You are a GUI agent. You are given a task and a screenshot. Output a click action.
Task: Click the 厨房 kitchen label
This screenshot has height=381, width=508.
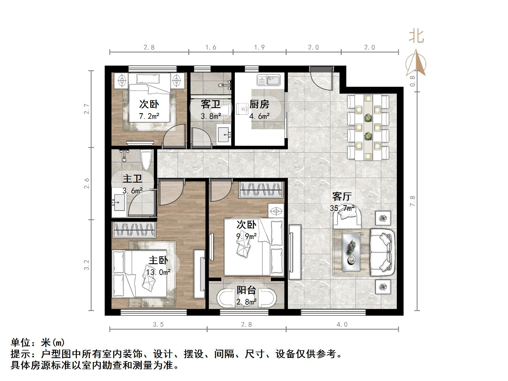coord(259,104)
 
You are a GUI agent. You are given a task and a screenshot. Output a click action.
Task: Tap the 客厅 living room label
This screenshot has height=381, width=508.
coord(342,196)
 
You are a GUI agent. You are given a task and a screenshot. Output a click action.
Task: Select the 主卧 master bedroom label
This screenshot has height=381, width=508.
coord(158,260)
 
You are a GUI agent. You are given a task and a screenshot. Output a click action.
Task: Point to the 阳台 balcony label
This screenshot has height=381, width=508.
coord(246,290)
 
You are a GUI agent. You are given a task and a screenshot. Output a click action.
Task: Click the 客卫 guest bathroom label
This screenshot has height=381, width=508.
coord(211,104)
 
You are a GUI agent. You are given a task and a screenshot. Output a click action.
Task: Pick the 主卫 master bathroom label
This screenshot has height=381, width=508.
coord(132,179)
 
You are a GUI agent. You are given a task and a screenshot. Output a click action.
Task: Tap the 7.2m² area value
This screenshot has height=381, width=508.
coord(149,116)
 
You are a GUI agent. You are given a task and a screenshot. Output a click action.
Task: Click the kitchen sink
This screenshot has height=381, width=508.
coord(268,80)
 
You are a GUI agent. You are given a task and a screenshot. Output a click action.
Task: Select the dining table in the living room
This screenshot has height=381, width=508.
coord(368,128)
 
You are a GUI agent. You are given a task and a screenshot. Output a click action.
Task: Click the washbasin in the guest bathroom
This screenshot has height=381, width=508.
coord(224,134)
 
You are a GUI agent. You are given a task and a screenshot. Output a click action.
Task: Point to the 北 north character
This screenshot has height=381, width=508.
coord(417,36)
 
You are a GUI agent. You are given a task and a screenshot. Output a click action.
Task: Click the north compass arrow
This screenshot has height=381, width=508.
coord(416,63)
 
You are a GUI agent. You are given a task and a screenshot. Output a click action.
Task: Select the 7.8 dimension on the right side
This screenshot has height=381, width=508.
coord(412,201)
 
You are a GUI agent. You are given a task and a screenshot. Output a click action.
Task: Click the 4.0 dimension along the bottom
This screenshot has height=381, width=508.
coord(342,325)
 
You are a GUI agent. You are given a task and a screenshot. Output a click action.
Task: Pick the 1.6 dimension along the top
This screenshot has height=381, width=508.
coord(211,47)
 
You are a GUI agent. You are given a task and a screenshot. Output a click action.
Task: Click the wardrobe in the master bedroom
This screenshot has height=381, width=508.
coord(134,230)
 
